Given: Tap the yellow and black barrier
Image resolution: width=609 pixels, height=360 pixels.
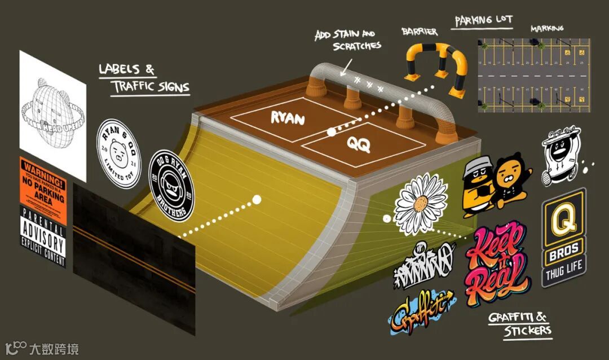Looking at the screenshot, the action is pyautogui.click(x=436, y=67).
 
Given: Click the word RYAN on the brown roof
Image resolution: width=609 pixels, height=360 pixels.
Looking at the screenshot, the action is pyautogui.click(x=288, y=118).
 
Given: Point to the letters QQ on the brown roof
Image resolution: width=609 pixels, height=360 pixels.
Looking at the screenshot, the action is pyautogui.click(x=359, y=144).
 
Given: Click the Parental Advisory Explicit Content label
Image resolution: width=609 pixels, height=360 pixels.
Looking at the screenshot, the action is pyautogui.click(x=43, y=236).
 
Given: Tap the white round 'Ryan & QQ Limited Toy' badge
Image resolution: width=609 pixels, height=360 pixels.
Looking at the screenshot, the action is pyautogui.click(x=118, y=153).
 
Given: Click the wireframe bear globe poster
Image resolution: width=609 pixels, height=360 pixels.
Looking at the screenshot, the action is pyautogui.click(x=52, y=113).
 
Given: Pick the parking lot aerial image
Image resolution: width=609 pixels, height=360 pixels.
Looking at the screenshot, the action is pyautogui.click(x=533, y=73).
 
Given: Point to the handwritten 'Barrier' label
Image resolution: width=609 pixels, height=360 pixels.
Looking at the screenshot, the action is pyautogui.click(x=419, y=32).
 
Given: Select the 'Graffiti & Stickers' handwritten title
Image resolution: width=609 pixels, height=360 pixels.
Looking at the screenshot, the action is pyautogui.click(x=519, y=324).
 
